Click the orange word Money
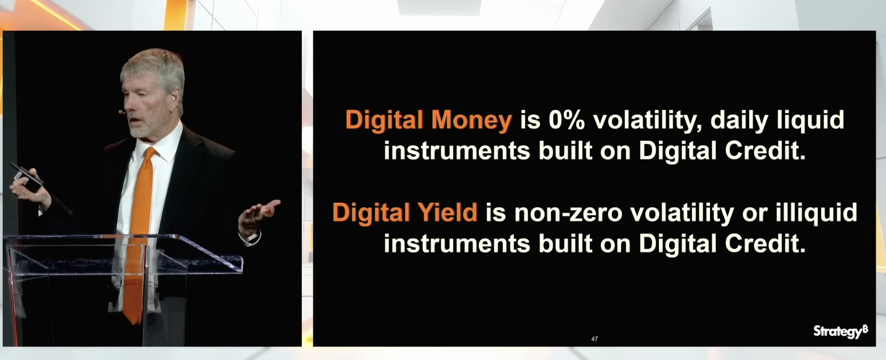tap(471, 120)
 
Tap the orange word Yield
tap(448, 213)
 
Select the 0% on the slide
tap(567, 120)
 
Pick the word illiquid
tap(816, 214)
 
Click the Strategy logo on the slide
tap(840, 331)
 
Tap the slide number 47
tap(594, 338)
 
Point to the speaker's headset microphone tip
tap(121, 112)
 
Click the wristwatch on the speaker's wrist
tap(252, 237)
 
